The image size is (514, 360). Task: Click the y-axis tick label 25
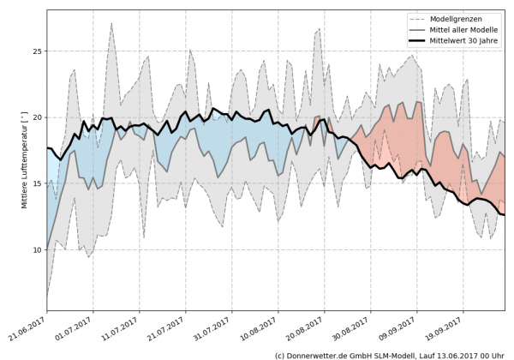(x=37, y=51)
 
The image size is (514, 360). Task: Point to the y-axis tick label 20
(x=37, y=117)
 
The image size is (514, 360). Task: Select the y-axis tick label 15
(x=37, y=183)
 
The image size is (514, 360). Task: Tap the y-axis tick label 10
(x=37, y=249)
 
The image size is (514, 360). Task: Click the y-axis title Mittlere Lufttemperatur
(x=25, y=162)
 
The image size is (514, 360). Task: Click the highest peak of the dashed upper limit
(x=111, y=24)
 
